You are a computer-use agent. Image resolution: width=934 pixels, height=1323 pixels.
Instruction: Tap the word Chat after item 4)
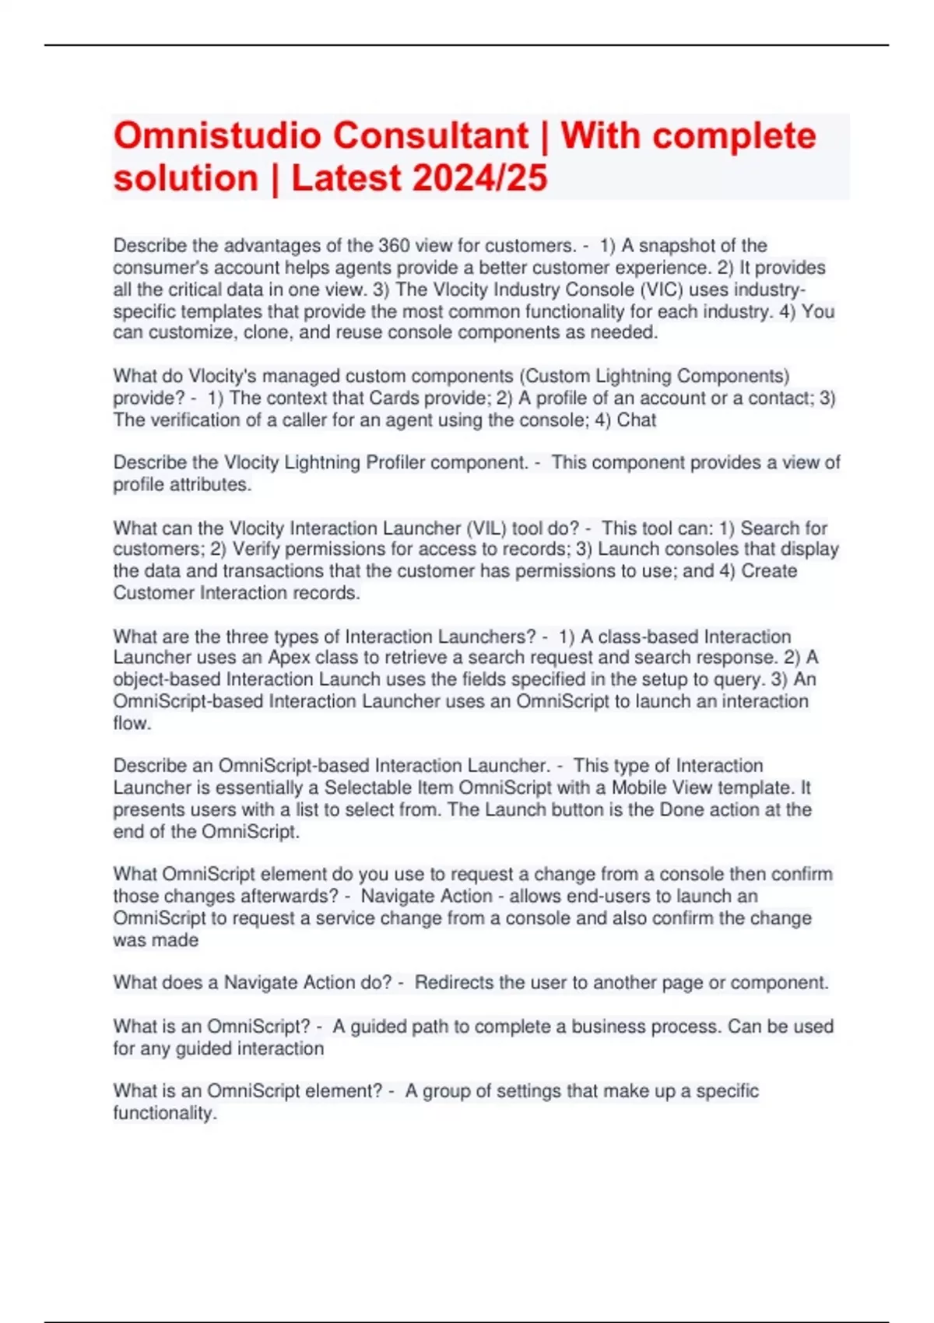(x=637, y=420)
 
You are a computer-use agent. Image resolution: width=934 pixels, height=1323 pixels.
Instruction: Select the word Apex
(x=289, y=658)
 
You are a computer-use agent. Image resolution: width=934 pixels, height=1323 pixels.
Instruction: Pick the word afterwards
(x=283, y=897)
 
